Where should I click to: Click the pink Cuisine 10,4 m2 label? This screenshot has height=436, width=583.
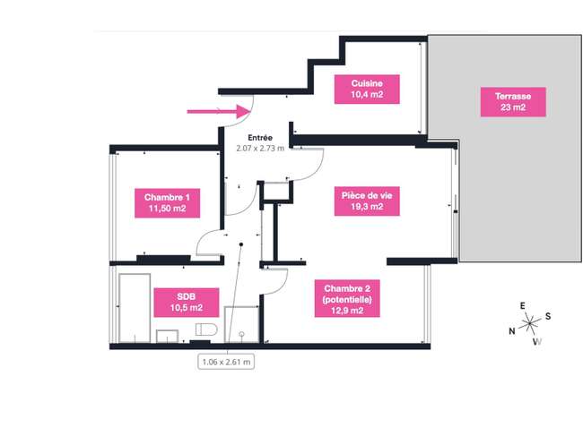tap(367, 89)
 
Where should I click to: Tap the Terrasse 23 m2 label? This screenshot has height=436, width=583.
tap(513, 102)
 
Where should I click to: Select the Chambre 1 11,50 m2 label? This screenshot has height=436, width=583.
tap(168, 203)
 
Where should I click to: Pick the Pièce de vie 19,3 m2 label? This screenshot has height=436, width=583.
tap(367, 201)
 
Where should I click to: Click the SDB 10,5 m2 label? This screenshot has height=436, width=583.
tap(187, 303)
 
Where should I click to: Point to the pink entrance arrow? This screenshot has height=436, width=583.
tap(218, 111)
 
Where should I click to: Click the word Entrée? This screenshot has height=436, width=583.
tap(260, 138)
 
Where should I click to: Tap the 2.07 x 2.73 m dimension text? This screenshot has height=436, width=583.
tap(260, 149)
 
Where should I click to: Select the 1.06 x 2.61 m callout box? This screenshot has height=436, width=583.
tap(226, 362)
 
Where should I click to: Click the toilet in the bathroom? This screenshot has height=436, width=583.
tap(206, 329)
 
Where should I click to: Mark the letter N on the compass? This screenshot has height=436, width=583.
tap(512, 331)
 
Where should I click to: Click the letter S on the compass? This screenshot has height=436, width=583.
tap(548, 316)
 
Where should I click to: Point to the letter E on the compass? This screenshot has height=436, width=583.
tap(522, 306)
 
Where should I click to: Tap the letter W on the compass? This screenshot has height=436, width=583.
tap(537, 342)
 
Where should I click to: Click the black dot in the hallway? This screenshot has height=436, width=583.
tap(241, 244)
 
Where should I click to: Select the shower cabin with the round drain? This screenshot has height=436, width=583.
tap(241, 325)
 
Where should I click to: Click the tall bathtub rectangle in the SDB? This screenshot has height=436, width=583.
tap(135, 308)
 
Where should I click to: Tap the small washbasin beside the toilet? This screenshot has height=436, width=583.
tap(167, 337)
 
